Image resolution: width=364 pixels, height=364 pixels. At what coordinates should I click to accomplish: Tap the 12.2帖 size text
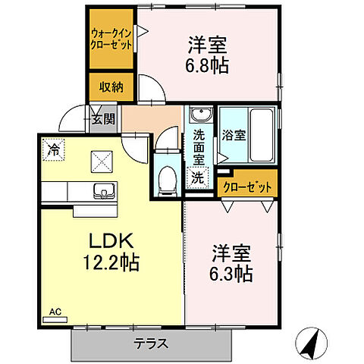[x=113, y=265]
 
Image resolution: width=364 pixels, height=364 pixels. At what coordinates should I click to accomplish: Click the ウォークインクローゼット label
[x=111, y=39]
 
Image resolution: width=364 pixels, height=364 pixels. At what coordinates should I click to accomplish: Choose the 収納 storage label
[x=111, y=86]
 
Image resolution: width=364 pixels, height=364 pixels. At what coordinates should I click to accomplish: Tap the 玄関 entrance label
[x=103, y=118]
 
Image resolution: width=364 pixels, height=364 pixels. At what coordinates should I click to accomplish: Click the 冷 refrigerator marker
[x=52, y=150]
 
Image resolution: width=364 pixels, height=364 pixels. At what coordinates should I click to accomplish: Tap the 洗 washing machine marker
[x=197, y=179]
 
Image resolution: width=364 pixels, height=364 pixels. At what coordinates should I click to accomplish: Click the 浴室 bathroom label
[x=233, y=136]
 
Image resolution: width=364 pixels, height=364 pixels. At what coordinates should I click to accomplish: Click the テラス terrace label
[x=151, y=343]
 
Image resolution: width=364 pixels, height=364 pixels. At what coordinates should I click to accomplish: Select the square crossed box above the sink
[x=102, y=160]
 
